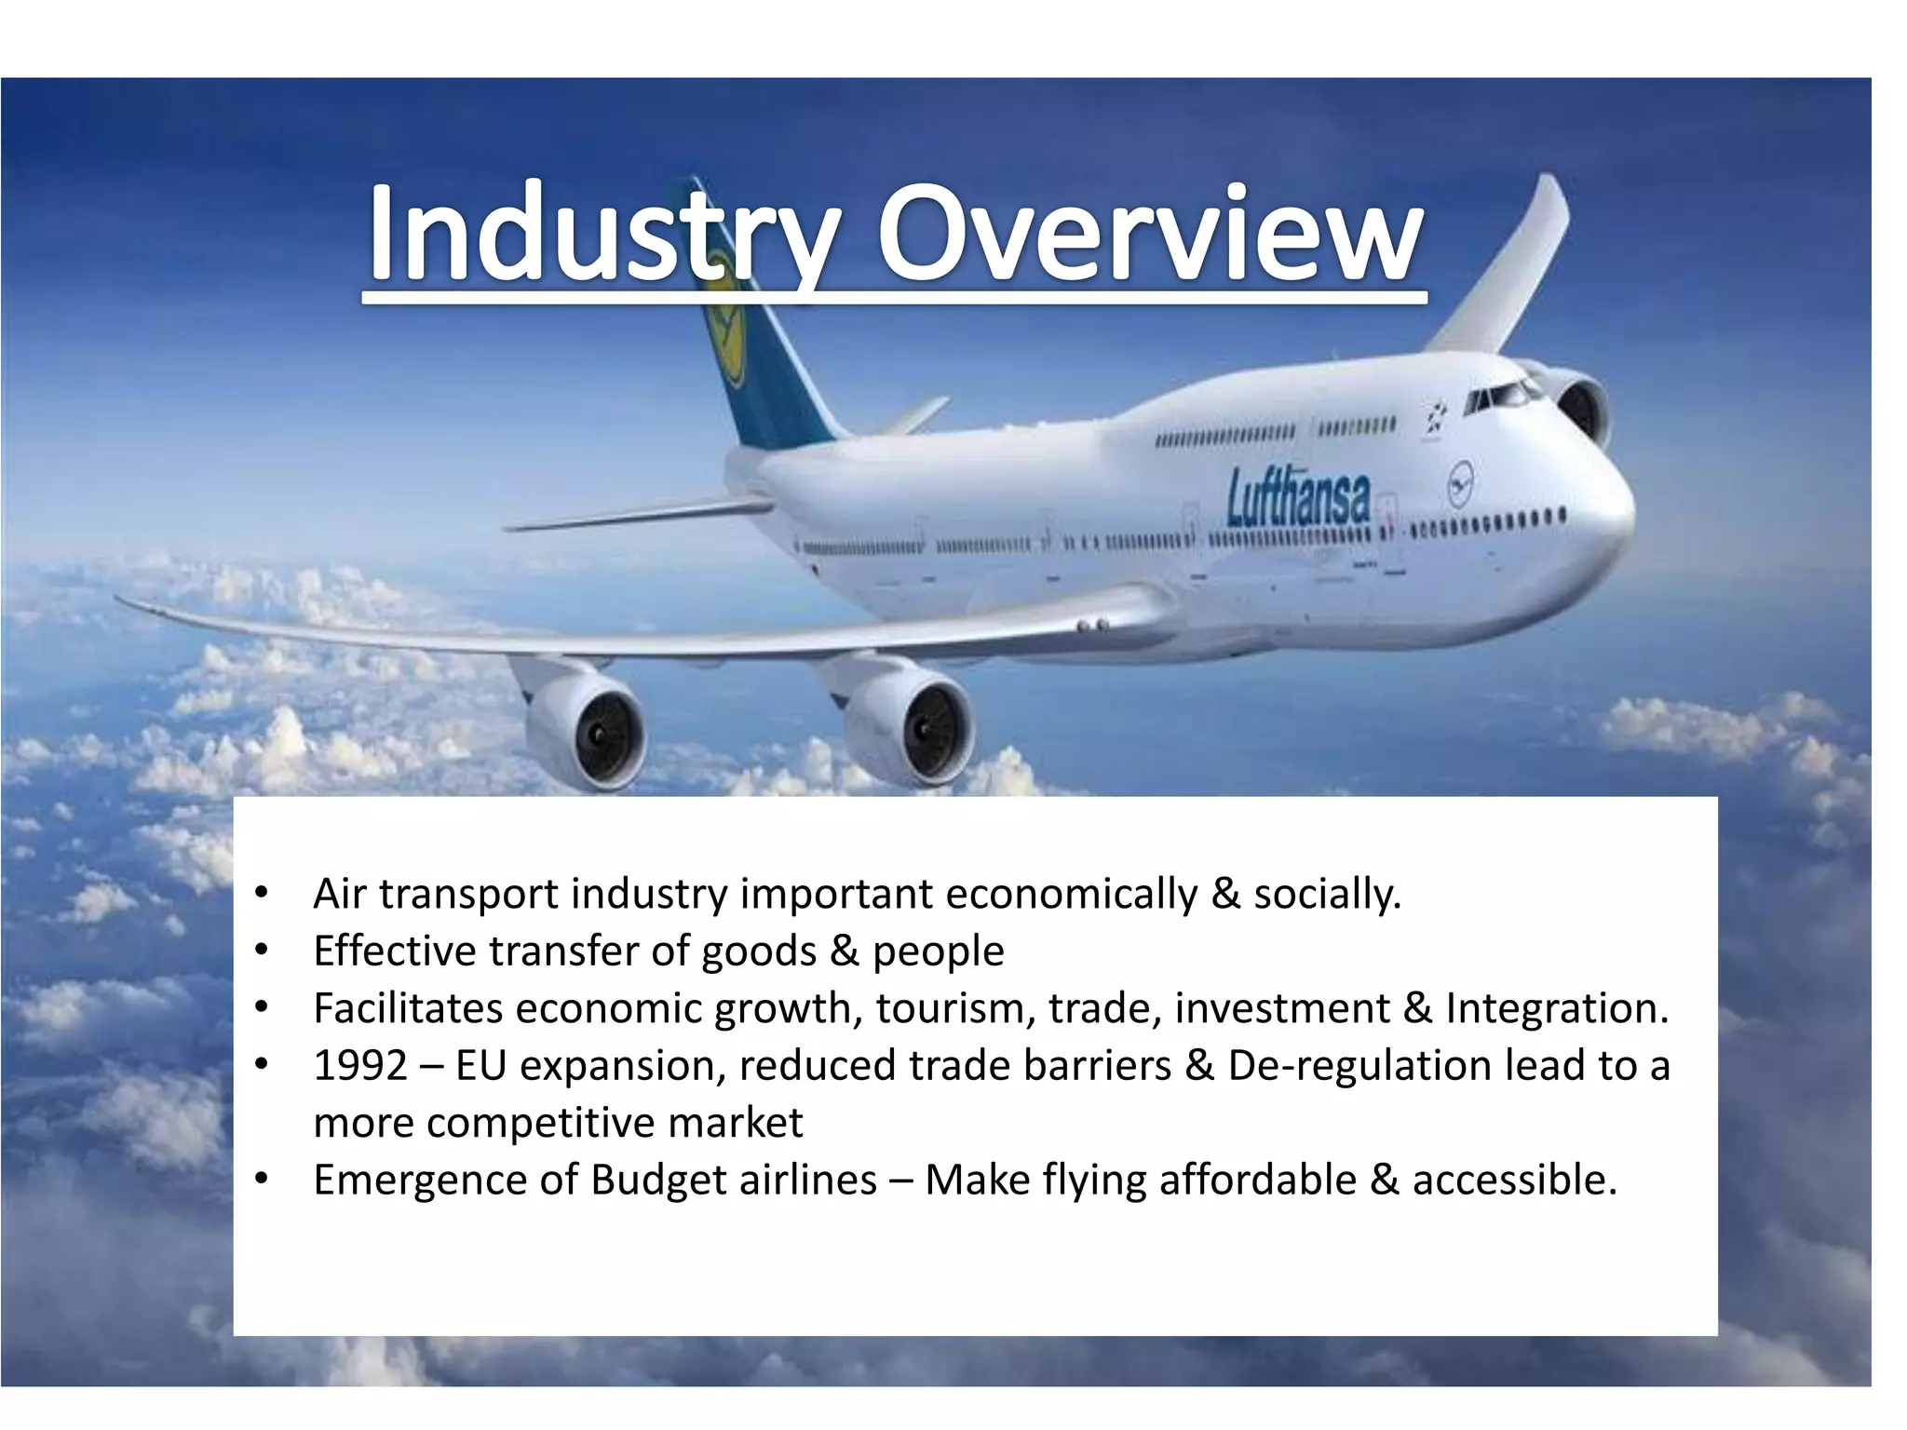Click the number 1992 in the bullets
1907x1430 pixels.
360,1066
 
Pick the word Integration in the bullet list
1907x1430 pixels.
1556,1008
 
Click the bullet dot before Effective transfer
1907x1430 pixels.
262,951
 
